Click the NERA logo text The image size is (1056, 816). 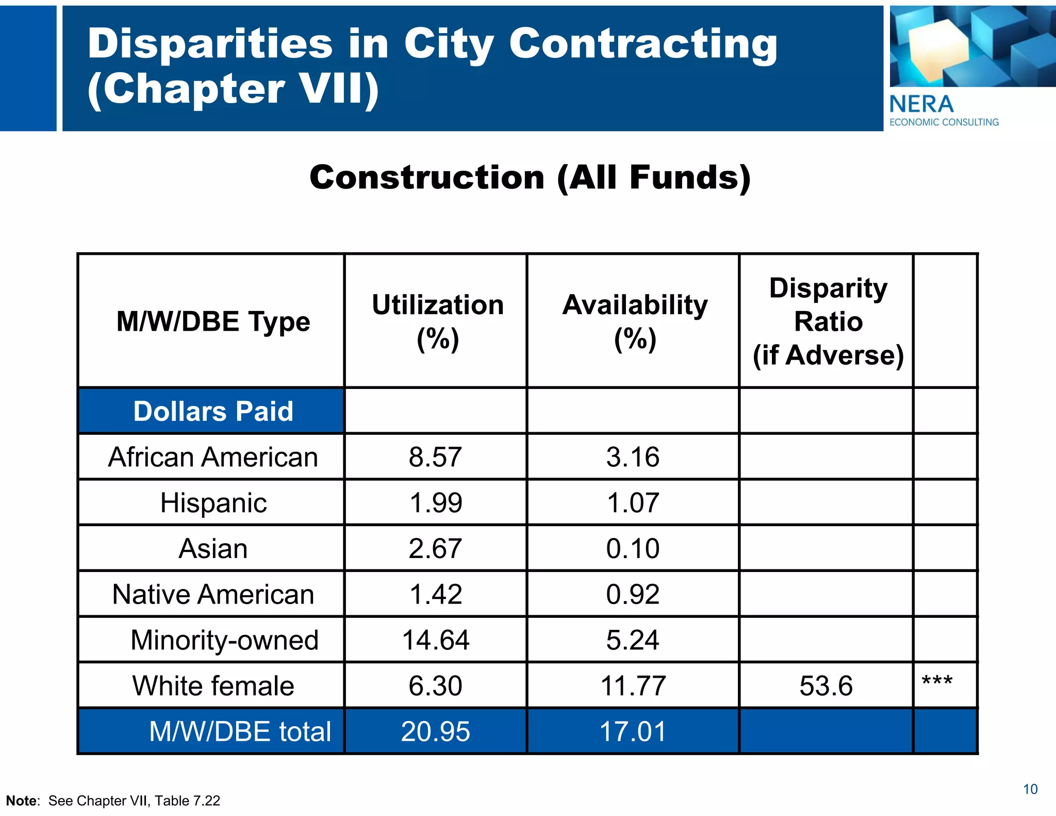point(921,104)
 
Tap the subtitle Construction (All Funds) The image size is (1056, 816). point(530,177)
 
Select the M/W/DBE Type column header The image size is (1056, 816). point(213,321)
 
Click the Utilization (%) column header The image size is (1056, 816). point(437,321)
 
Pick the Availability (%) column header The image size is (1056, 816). point(635,321)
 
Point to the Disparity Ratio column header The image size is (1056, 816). point(828,321)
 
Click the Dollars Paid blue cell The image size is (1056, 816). point(213,412)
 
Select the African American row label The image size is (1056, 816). point(213,457)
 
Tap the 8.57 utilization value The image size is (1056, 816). point(435,457)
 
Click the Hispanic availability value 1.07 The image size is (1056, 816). point(633,503)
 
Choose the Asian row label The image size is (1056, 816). point(213,548)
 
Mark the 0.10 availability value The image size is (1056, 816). point(633,548)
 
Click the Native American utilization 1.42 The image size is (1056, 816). point(435,594)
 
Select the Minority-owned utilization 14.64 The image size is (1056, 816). point(435,640)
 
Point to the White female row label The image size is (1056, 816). point(213,686)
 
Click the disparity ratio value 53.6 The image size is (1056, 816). point(826,686)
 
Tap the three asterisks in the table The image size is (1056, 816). point(937,681)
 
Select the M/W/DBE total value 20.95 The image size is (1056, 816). point(435,731)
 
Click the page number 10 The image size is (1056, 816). point(1030,789)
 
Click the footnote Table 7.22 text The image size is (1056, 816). point(187,801)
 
